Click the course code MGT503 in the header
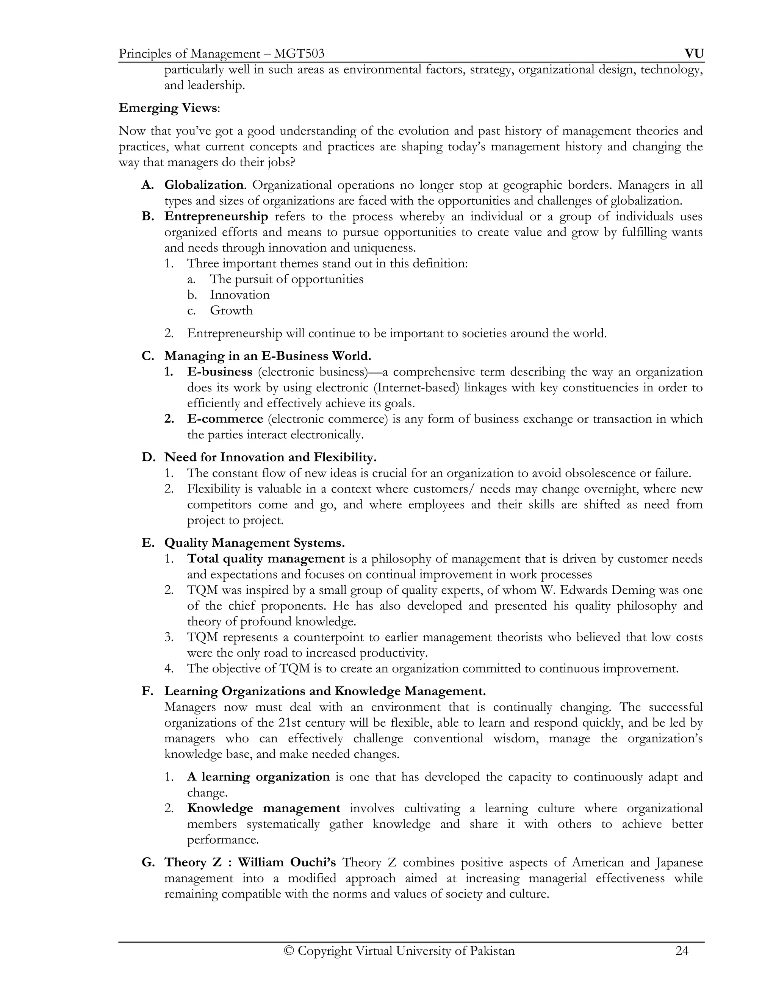[299, 54]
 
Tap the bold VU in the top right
[694, 54]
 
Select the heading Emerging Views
[168, 108]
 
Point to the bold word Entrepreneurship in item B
[216, 216]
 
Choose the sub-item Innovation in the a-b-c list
[239, 295]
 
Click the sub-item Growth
[231, 310]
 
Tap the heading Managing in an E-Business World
[268, 356]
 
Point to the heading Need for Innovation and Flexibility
[270, 457]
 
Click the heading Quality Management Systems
[254, 543]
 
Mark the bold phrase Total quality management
[266, 558]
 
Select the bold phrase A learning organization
[258, 777]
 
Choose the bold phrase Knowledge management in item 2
[263, 808]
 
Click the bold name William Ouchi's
[286, 862]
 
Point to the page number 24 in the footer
[682, 951]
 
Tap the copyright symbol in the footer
[289, 951]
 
